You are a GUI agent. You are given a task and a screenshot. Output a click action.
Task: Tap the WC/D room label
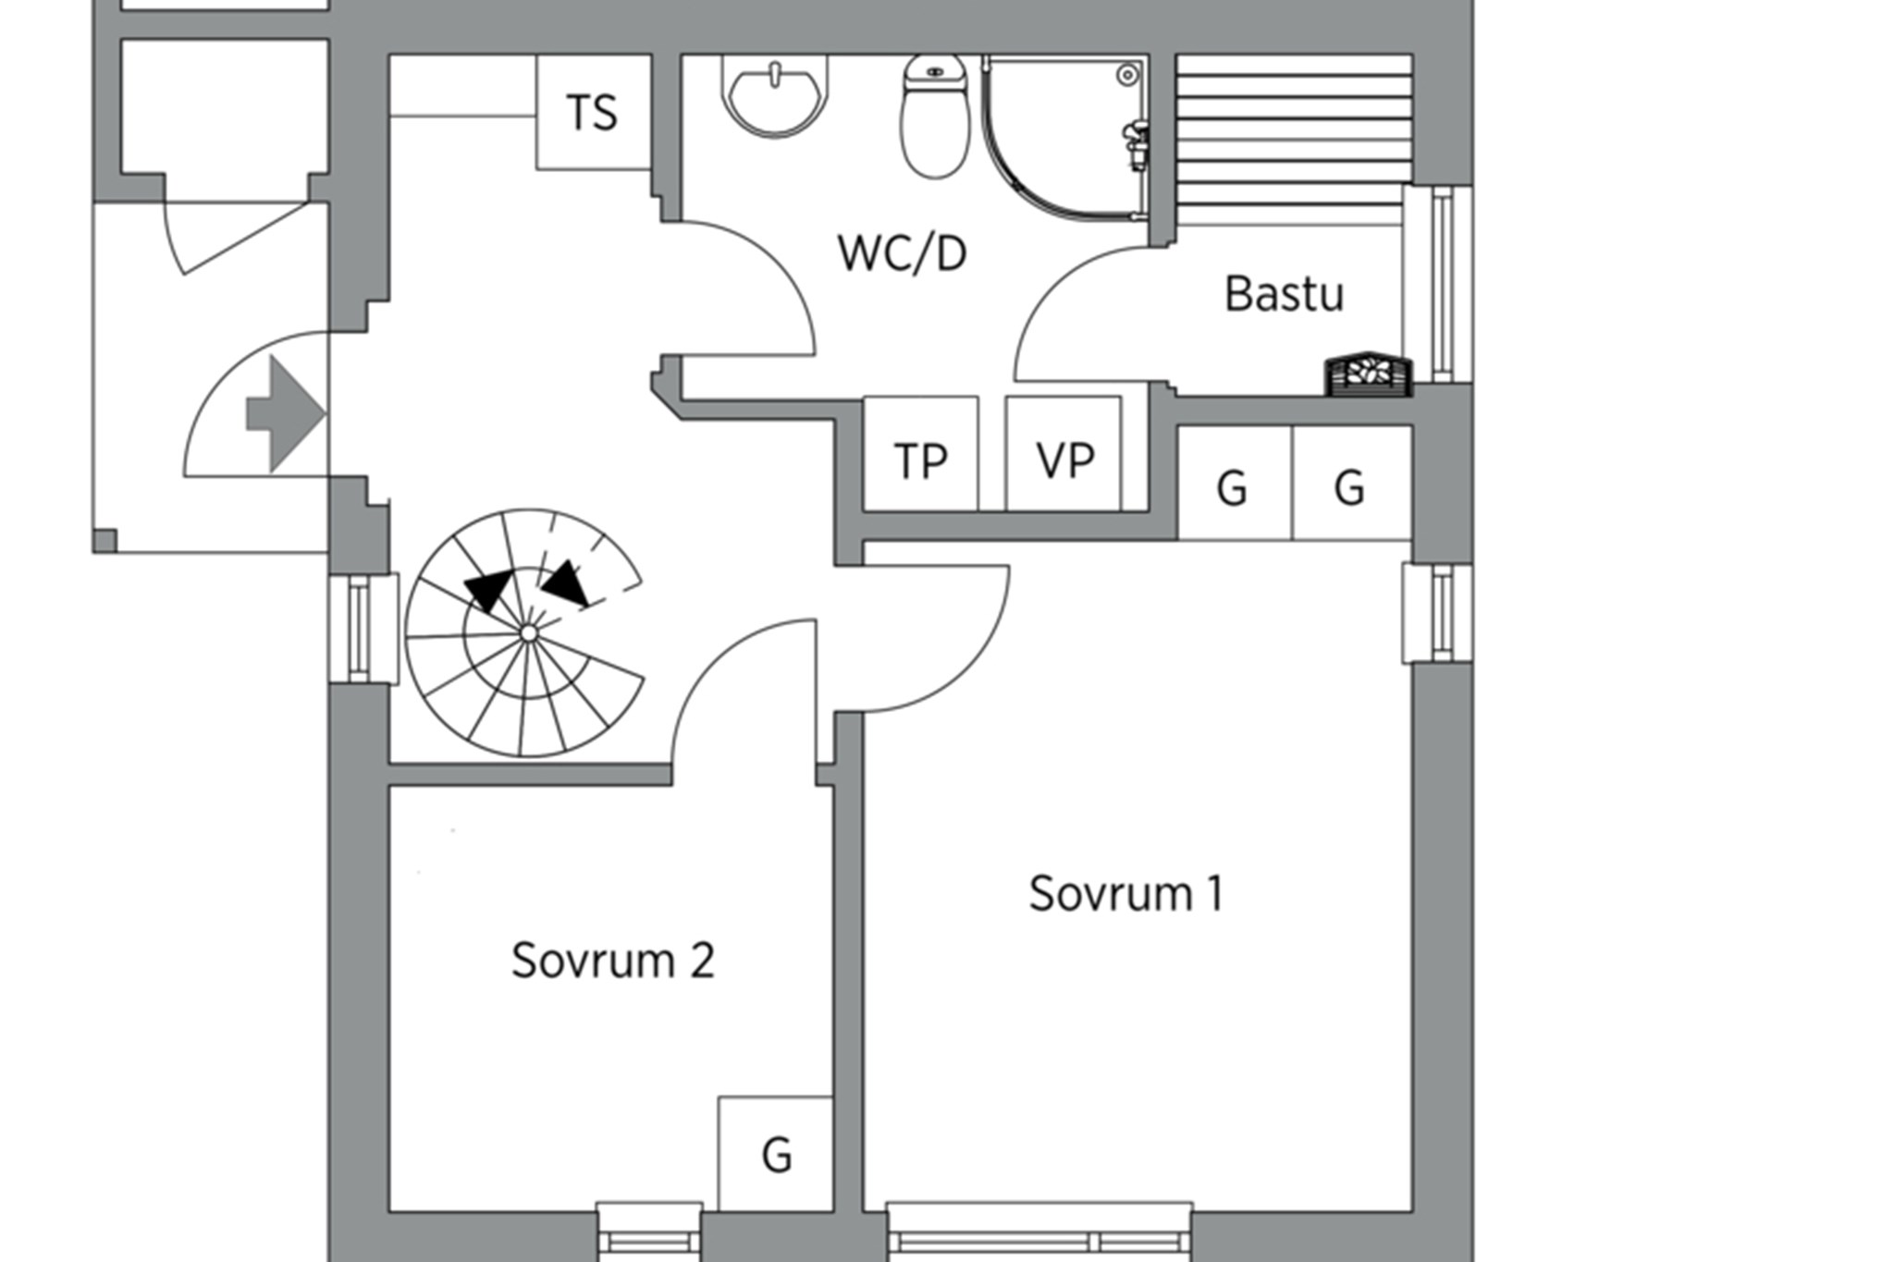pos(902,253)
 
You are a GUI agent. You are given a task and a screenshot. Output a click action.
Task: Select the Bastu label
pos(1284,294)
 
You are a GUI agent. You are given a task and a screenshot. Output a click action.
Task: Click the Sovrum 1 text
pos(1125,894)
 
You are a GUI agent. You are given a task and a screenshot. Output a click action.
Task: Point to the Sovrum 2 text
pos(612,961)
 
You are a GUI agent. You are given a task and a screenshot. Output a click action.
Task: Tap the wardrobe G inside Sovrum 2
pos(776,1154)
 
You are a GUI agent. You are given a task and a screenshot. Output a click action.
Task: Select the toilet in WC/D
pos(935,120)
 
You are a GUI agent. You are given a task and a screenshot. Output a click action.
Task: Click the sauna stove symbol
pos(1370,373)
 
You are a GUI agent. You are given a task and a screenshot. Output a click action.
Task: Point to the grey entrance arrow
pos(287,413)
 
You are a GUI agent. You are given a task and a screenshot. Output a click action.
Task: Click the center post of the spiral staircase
pos(528,633)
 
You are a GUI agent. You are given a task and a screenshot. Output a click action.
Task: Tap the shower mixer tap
pos(1136,143)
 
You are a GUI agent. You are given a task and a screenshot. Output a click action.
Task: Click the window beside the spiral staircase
pos(363,629)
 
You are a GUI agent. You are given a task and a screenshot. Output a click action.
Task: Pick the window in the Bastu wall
pos(1439,284)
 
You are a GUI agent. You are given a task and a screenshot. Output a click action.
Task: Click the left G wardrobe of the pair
pos(1233,484)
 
